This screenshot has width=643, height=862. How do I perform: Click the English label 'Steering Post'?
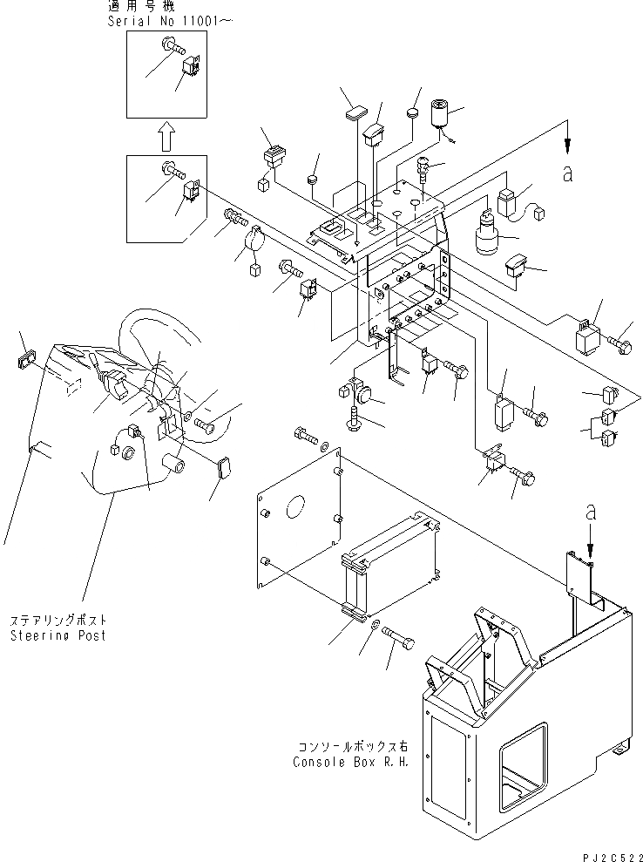(58, 635)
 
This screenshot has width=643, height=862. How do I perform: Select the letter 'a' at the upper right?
(568, 173)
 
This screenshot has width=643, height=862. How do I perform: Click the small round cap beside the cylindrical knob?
(413, 112)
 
